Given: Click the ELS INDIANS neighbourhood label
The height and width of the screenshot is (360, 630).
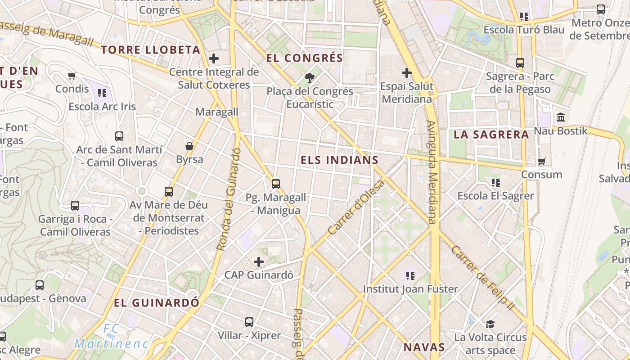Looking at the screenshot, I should [x=339, y=160].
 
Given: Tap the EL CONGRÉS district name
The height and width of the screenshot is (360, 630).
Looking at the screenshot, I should [x=305, y=58].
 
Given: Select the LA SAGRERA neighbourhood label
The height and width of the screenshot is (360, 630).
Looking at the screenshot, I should [x=491, y=135].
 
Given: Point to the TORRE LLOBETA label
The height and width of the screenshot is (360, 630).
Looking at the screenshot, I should [x=150, y=50].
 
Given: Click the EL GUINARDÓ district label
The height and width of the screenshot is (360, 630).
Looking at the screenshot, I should [x=156, y=303].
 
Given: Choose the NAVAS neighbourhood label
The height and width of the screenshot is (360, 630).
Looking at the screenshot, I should [x=424, y=347].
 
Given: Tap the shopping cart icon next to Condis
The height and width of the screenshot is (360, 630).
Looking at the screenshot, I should [x=72, y=76].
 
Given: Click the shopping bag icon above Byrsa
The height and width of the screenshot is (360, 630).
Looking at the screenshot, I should [x=189, y=146].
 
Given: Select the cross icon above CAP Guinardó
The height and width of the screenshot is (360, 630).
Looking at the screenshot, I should [x=259, y=261].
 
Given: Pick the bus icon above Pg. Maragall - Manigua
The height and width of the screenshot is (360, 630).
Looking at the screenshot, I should [x=276, y=184].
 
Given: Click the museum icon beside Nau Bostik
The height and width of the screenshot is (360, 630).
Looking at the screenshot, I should [x=561, y=117].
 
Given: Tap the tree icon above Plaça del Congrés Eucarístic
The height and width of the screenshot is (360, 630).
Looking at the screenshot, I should [x=310, y=78].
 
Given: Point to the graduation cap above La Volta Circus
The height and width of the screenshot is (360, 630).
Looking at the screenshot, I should [x=490, y=324].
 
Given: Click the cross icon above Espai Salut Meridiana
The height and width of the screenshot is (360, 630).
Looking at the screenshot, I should [x=407, y=72].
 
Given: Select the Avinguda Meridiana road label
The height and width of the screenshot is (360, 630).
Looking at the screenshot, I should [x=432, y=172].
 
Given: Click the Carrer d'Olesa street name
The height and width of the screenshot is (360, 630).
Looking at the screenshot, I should [x=356, y=207].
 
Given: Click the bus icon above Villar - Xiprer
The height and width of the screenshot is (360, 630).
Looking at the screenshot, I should [x=249, y=322].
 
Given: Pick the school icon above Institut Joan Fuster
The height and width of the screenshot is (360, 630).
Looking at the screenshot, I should [x=410, y=275].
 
